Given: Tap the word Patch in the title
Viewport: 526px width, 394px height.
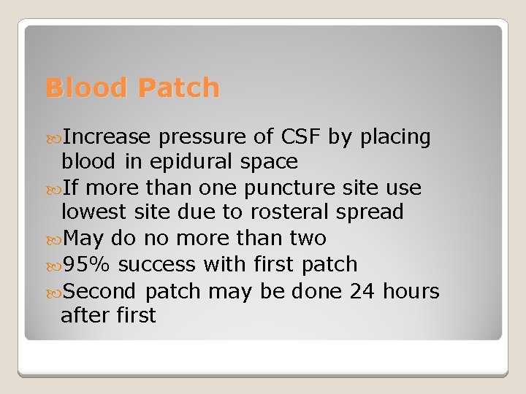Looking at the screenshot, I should [x=178, y=88].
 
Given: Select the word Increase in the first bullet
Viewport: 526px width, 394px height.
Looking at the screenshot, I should [x=107, y=136].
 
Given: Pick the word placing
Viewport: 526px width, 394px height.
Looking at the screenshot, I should [x=394, y=137].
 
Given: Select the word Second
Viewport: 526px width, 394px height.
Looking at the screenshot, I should [x=100, y=292].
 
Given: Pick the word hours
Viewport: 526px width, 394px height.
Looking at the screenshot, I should [x=411, y=292].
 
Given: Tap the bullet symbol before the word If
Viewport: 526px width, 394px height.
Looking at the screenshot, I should [x=56, y=188].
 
